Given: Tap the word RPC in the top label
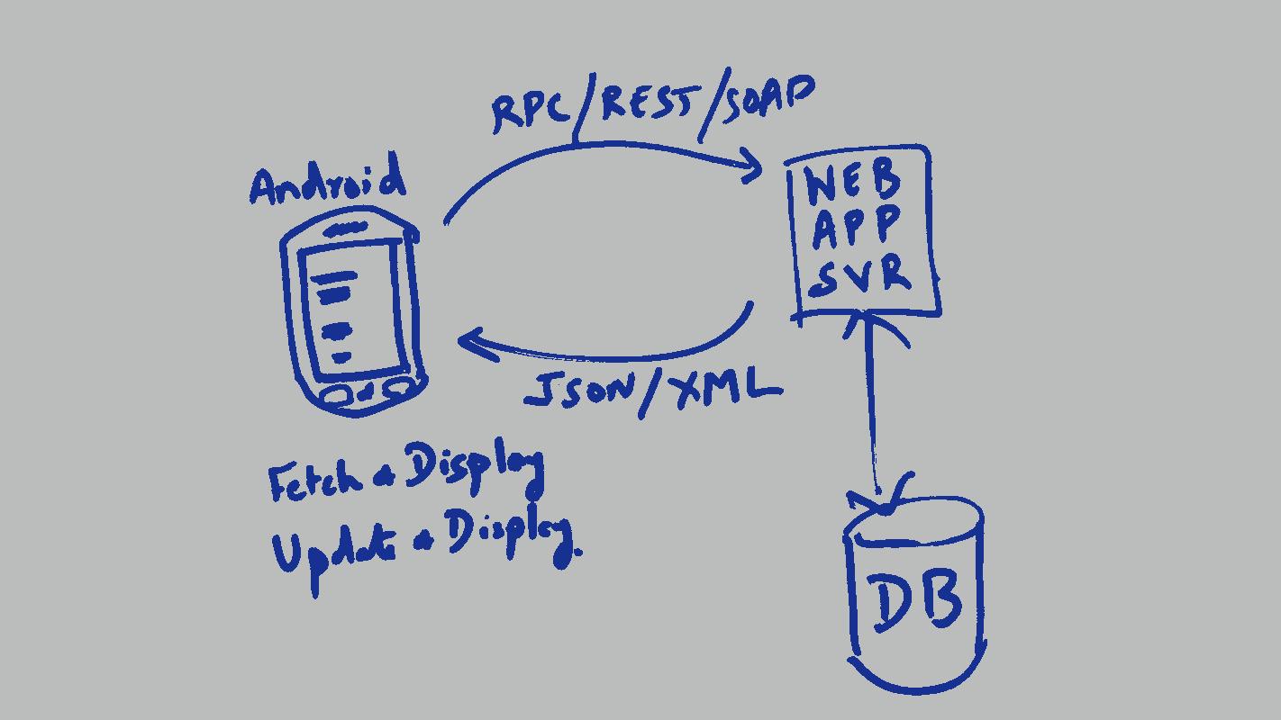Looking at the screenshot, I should click(531, 112).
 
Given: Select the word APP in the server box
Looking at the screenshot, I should click(856, 227).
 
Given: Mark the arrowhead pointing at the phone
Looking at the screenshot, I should click(474, 343).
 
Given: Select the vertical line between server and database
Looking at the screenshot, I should click(870, 405).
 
